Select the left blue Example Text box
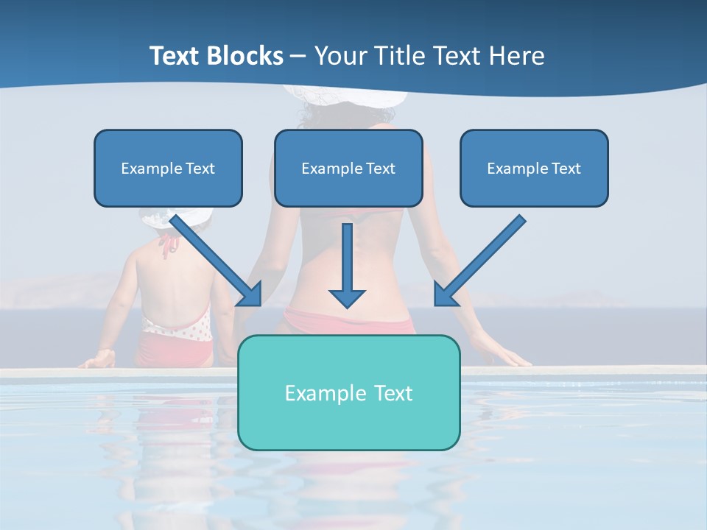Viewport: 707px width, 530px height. (168, 168)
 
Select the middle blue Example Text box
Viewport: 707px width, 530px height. (348, 168)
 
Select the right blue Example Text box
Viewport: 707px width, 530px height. (534, 168)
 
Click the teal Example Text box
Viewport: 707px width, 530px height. (349, 392)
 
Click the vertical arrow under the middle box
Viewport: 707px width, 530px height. (347, 265)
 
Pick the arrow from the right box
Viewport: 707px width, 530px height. (479, 261)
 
